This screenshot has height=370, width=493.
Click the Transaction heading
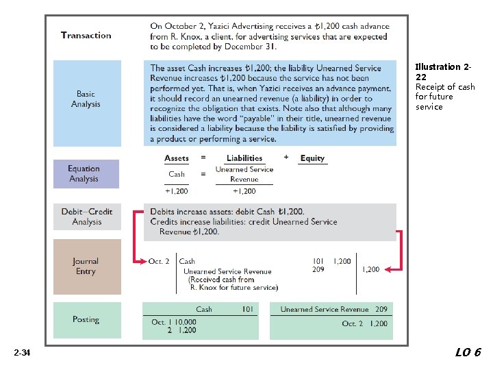click(x=86, y=36)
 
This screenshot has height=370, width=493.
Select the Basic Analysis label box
click(x=86, y=99)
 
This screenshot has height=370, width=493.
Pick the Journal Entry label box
click(x=86, y=267)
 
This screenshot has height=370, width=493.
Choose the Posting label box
click(x=86, y=320)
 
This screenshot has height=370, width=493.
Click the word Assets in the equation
click(x=177, y=158)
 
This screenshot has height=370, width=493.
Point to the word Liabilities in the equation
click(x=244, y=158)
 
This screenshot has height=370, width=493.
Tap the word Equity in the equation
click(x=312, y=158)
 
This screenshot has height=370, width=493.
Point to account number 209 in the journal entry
click(x=318, y=269)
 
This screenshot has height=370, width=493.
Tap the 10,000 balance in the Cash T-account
click(x=184, y=322)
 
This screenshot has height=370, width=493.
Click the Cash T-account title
click(x=204, y=310)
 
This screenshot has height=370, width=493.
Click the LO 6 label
click(x=468, y=352)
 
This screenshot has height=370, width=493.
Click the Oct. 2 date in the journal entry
click(x=159, y=262)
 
